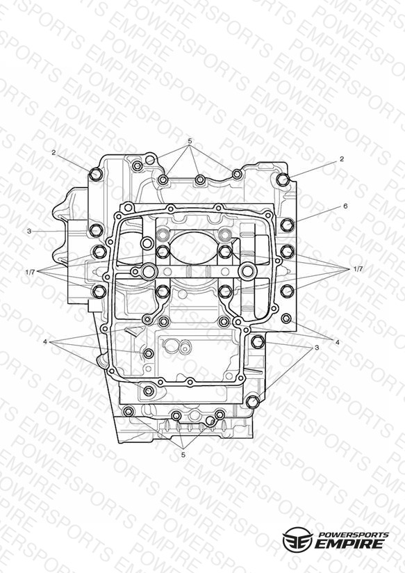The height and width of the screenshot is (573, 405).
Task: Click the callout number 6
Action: (345, 206)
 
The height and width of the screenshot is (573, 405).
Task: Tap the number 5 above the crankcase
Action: (190, 140)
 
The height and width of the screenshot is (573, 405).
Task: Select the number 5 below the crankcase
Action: (183, 455)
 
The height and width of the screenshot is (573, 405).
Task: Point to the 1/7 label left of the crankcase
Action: (31, 272)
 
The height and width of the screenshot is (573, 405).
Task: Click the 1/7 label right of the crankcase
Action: (358, 269)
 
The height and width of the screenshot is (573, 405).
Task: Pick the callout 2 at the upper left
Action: (53, 153)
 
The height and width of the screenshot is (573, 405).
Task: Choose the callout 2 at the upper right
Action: (342, 159)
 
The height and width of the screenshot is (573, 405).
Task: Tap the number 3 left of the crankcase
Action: (29, 231)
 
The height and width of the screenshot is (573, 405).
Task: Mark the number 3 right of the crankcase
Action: (317, 347)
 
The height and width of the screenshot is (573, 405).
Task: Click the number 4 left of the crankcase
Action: (45, 341)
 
